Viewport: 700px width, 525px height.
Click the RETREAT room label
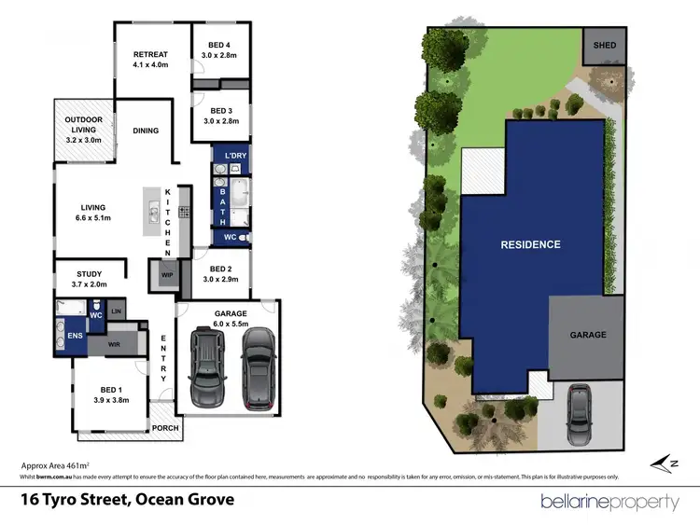(149, 53)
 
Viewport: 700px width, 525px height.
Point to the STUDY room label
(89, 273)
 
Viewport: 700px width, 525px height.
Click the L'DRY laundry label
(232, 155)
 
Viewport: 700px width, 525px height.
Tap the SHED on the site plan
(604, 44)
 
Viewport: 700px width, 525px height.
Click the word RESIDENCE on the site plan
(530, 244)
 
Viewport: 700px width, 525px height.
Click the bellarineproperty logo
(610, 502)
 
